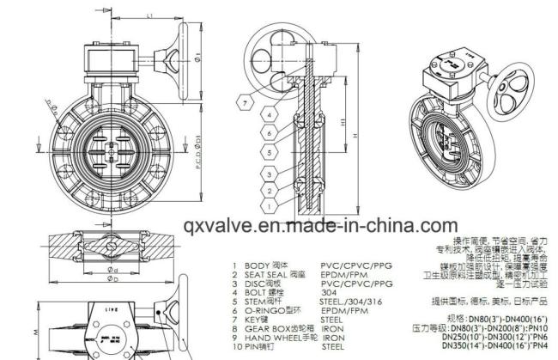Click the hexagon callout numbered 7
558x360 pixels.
246,103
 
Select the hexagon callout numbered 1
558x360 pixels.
268,206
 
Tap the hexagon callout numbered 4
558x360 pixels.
268,114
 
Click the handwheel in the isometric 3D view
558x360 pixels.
514,94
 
